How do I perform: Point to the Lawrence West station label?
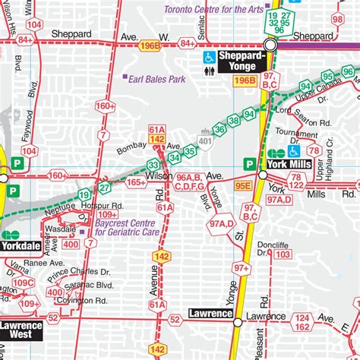21,330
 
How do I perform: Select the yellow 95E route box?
242,184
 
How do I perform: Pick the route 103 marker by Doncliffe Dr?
283,254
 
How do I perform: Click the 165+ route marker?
135,182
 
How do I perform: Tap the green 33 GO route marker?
154,165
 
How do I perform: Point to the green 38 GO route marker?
233,117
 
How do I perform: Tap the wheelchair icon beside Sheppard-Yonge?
207,57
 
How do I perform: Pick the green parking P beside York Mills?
248,163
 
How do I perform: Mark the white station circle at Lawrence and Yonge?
237,320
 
